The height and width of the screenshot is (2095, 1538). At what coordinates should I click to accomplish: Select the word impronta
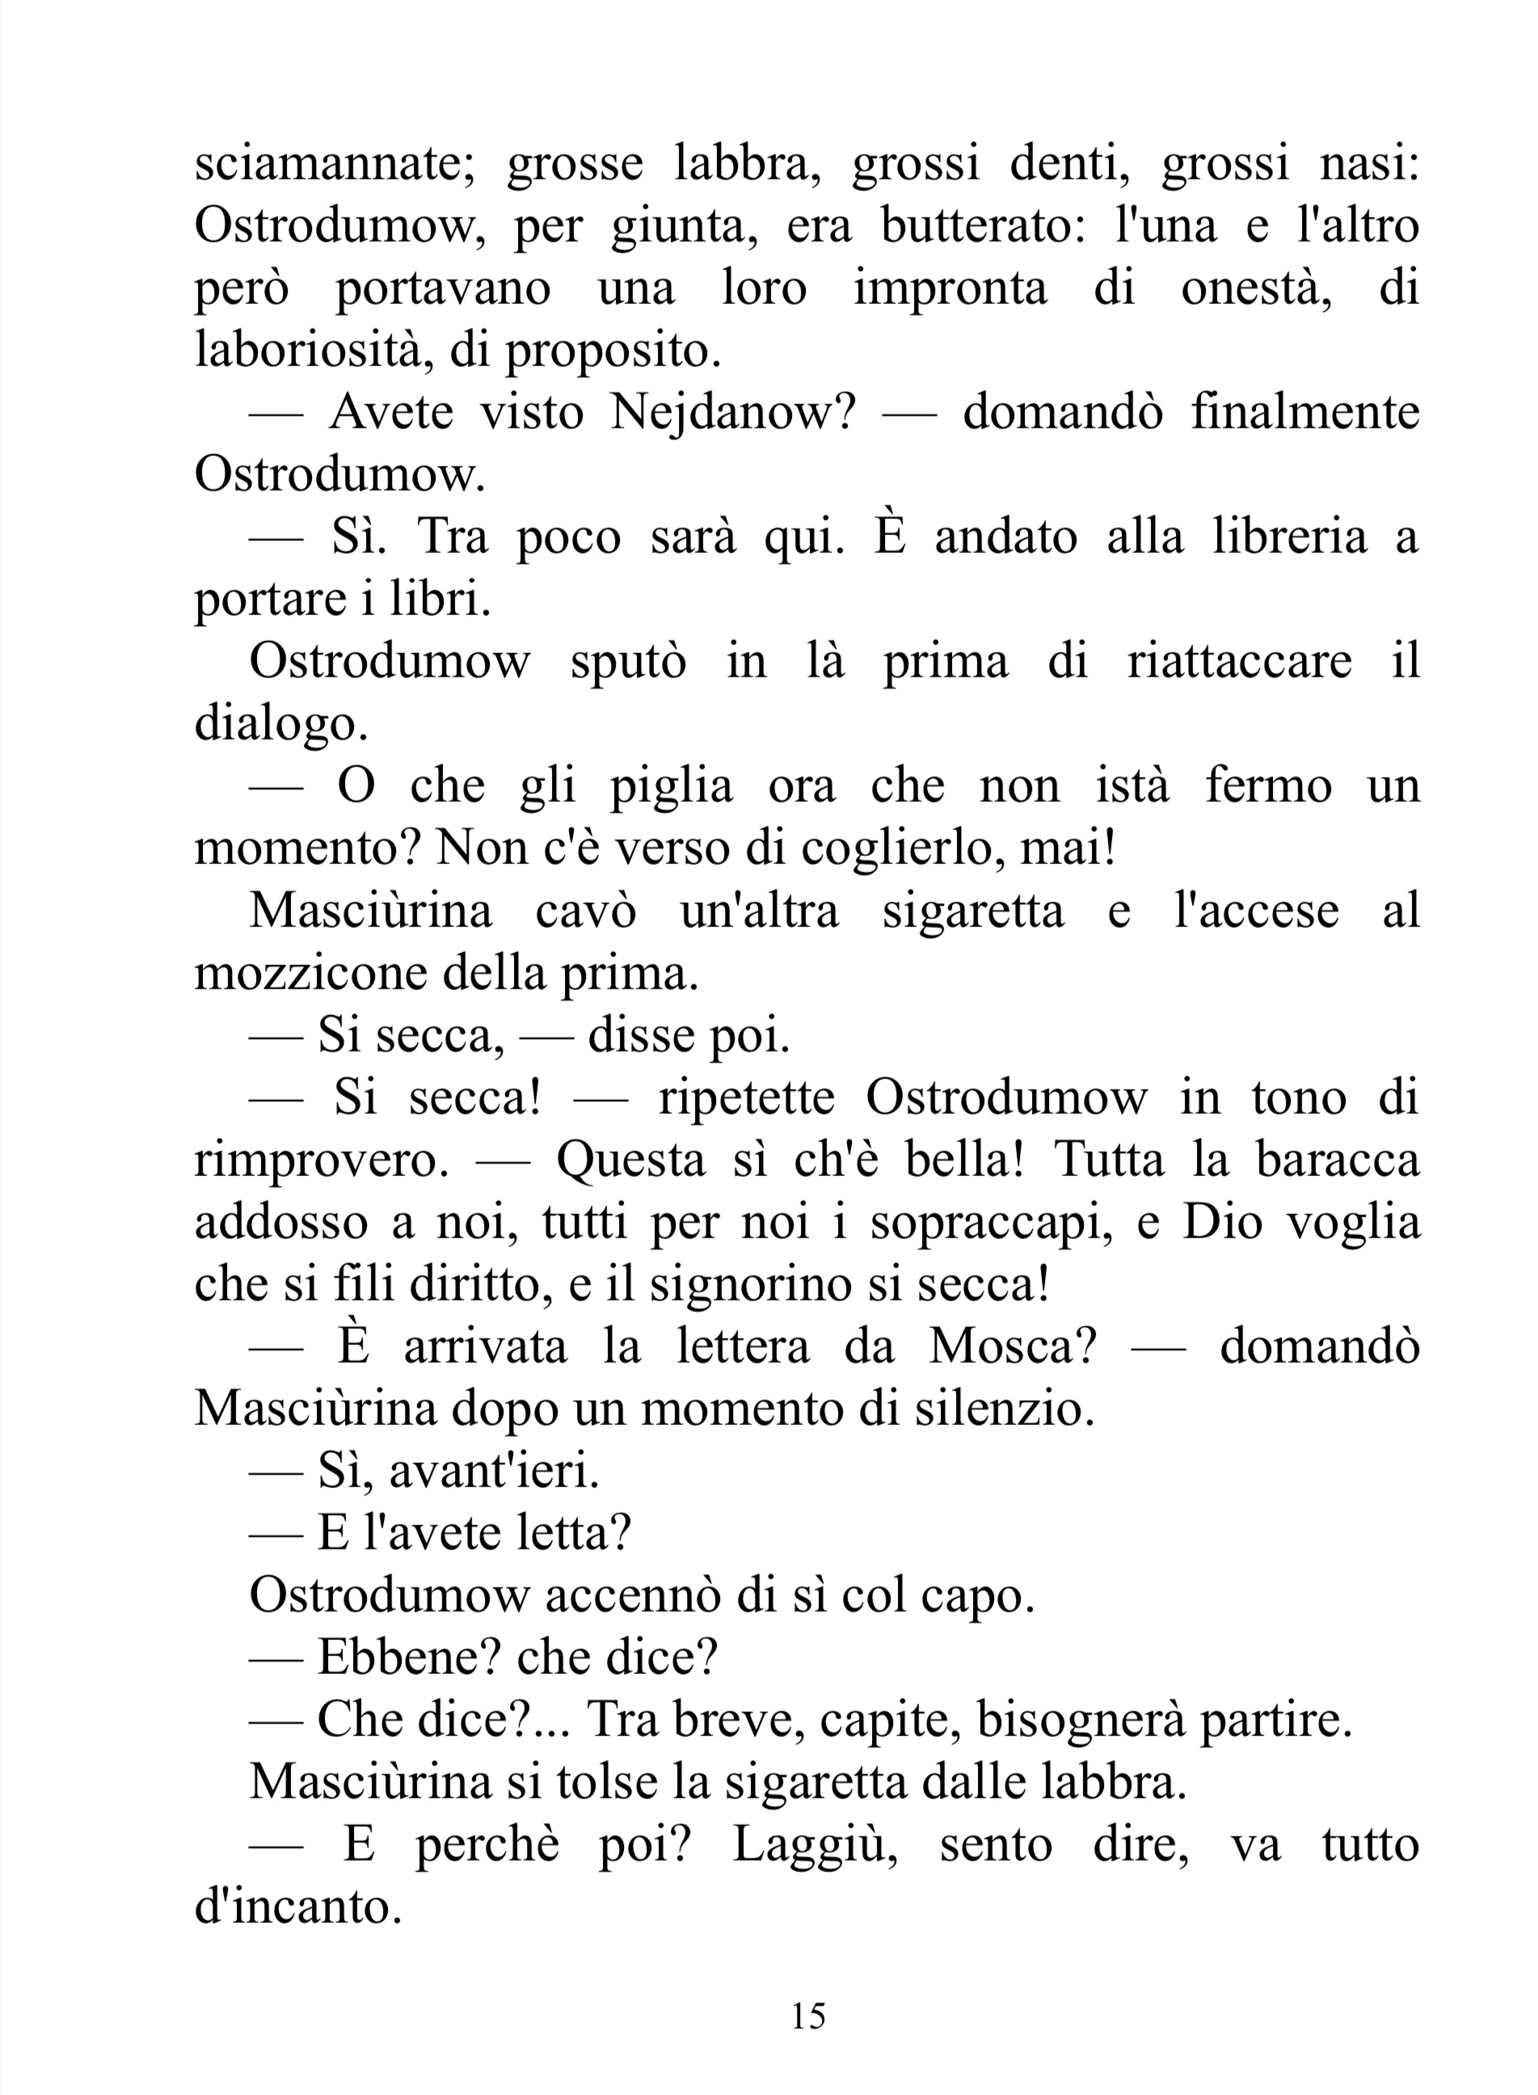pyautogui.click(x=950, y=289)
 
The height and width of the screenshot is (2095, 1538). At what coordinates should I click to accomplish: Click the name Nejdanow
pyautogui.click(x=731, y=412)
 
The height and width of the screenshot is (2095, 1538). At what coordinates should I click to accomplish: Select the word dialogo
pyautogui.click(x=280, y=725)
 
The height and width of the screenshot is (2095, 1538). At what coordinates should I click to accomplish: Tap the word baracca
pyautogui.click(x=1337, y=1160)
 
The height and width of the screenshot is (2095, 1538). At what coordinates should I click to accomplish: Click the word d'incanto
pyautogui.click(x=298, y=1907)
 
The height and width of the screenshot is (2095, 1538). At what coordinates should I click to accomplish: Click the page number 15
pyautogui.click(x=808, y=2017)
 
